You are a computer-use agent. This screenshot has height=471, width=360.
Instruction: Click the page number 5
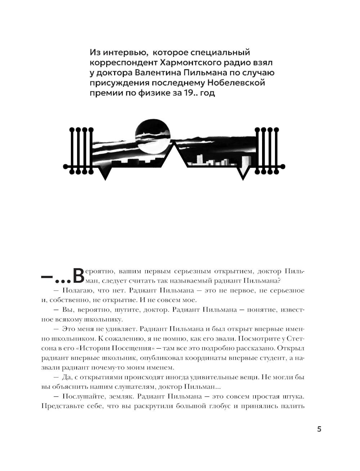point(319,429)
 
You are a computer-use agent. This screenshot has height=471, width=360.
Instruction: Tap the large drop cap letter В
point(79,276)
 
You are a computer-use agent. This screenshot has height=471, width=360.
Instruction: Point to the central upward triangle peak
point(175,146)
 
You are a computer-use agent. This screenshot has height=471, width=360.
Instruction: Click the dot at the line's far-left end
point(66,166)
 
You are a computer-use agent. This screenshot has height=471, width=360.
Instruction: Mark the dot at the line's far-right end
point(283,166)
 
